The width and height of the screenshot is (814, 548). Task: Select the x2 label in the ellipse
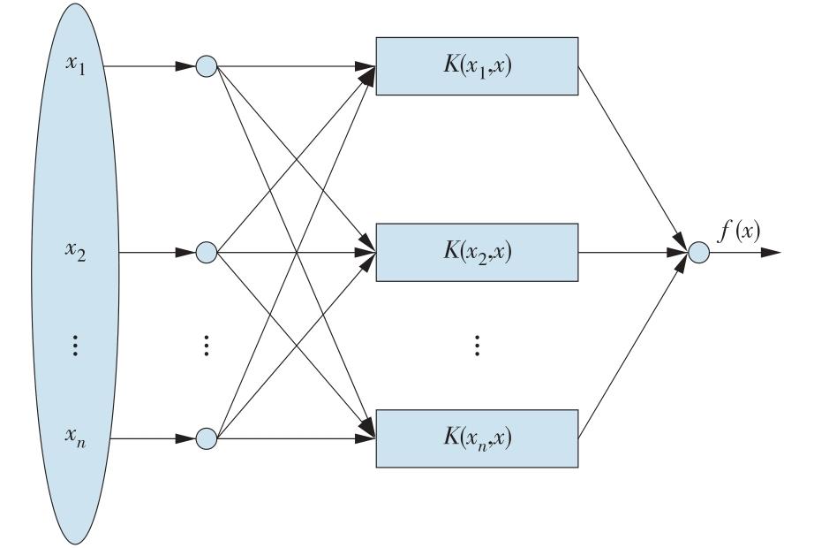(76, 253)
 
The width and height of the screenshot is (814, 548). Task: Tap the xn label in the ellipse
(76, 438)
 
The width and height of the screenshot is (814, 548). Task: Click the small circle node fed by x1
(206, 66)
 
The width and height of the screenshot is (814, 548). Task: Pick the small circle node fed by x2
(206, 253)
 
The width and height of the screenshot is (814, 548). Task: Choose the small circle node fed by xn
(206, 438)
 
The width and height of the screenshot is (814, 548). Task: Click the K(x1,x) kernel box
(478, 66)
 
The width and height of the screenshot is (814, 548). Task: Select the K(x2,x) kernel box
(478, 252)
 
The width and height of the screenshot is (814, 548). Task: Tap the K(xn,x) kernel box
(478, 438)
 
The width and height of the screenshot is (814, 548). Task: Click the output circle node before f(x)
(699, 253)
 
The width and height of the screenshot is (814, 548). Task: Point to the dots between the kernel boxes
(478, 345)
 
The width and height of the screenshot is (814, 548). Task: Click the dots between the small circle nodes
(206, 345)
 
